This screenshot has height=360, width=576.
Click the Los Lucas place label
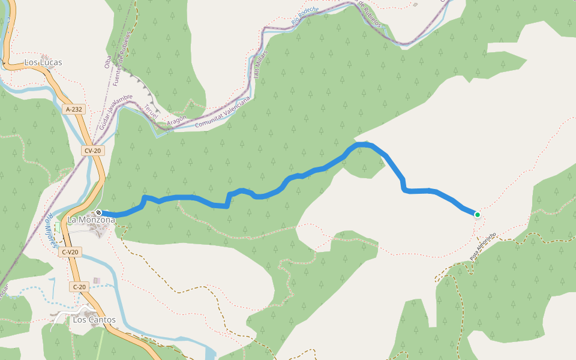[x=43, y=62]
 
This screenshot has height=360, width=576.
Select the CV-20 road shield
[x=93, y=151]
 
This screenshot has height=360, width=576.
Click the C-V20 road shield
[x=70, y=253]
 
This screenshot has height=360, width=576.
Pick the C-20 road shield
[x=80, y=287]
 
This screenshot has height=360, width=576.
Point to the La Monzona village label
[x=91, y=220]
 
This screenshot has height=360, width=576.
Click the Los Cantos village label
[x=94, y=320]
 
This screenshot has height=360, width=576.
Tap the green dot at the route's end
[x=478, y=214]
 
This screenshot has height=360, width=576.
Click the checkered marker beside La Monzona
[x=98, y=213]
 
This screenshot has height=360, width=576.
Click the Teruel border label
[x=151, y=111]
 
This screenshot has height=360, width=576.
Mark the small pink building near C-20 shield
[x=96, y=281]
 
